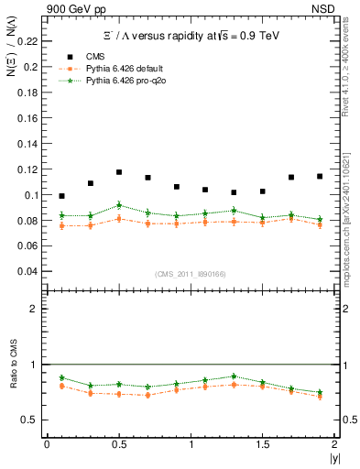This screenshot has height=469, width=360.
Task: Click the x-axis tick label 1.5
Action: pos(262,444)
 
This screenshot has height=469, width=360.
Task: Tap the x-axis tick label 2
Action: pos(334,444)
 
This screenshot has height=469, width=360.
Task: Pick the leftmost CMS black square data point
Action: pos(61,196)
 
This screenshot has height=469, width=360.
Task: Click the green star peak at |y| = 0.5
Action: pos(119,205)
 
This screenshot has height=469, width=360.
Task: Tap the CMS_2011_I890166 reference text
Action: pos(190,275)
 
